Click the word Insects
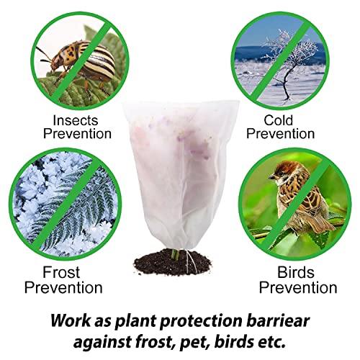pyautogui.click(x=76, y=120)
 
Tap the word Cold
pyautogui.click(x=279, y=120)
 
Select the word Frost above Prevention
pyautogui.click(x=61, y=272)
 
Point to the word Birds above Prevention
pyautogui.click(x=296, y=272)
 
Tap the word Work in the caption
pyautogui.click(x=71, y=320)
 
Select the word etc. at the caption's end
pyautogui.click(x=272, y=342)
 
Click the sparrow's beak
pyautogui.click(x=271, y=177)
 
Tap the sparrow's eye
pyautogui.click(x=280, y=172)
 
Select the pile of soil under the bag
pyautogui.click(x=173, y=263)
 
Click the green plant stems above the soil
pyautogui.click(x=175, y=254)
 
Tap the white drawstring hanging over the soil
pyautogui.click(x=191, y=261)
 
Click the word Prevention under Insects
pyautogui.click(x=77, y=134)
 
